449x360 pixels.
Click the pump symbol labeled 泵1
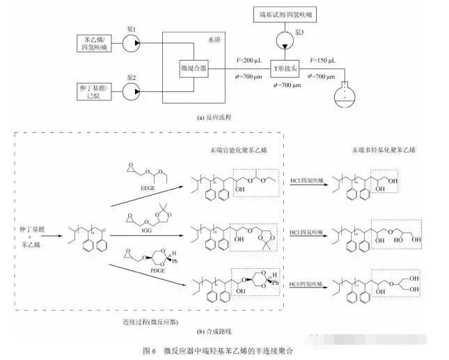(129, 44)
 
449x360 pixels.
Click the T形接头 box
(283, 68)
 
